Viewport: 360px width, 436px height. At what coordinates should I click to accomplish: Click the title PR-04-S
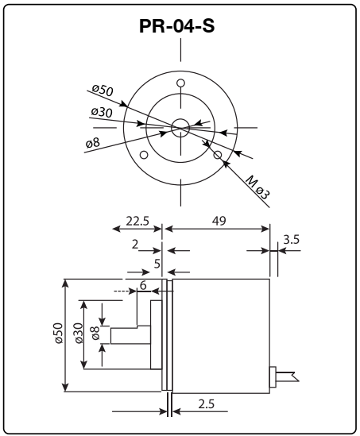[x=180, y=25]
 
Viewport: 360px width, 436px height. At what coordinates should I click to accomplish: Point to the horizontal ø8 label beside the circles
[x=93, y=142]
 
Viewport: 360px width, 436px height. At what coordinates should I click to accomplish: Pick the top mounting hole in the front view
[x=180, y=83]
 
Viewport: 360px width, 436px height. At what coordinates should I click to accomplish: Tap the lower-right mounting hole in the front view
[x=218, y=155]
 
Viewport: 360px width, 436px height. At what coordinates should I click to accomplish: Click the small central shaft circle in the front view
[x=180, y=125]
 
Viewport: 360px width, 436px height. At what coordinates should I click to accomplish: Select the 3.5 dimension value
[x=291, y=237]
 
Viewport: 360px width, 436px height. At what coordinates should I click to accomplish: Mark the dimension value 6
[x=142, y=284]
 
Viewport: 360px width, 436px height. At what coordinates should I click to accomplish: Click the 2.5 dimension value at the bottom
[x=206, y=404]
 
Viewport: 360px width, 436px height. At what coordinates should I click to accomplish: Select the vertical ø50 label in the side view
[x=57, y=334]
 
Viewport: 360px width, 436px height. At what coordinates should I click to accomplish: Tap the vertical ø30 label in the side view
[x=78, y=334]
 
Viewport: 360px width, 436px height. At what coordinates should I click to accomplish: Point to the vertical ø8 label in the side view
[x=95, y=334]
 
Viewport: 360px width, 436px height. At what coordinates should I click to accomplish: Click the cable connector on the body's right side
[x=273, y=376]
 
